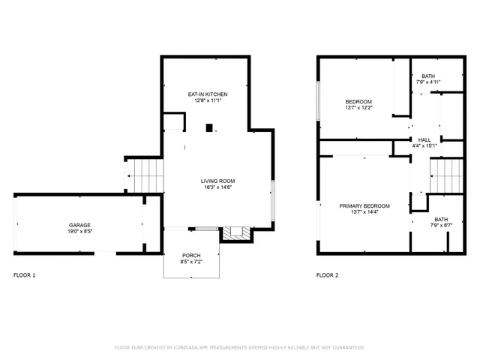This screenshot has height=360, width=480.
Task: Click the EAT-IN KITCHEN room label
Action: [x=208, y=94]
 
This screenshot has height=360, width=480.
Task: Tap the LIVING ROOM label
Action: [x=217, y=181]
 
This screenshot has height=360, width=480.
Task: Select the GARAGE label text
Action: [x=80, y=225]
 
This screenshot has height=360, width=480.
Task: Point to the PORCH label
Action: [x=190, y=255]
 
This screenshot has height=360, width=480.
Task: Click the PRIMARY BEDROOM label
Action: [x=364, y=205]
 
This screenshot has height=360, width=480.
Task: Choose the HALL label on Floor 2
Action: [x=424, y=139]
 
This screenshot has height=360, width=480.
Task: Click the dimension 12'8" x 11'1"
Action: [x=208, y=100]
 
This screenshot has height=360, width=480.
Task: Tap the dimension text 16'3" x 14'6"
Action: [x=217, y=187]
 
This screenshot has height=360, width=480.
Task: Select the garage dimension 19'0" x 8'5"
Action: [x=80, y=232]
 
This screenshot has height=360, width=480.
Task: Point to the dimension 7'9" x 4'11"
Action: [x=427, y=82]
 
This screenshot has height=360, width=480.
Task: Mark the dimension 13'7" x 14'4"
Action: [x=364, y=212]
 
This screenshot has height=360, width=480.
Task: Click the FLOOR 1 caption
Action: [x=24, y=275]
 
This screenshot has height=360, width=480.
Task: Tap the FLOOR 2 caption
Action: [x=327, y=275]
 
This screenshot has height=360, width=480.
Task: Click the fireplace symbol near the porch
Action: [x=235, y=233]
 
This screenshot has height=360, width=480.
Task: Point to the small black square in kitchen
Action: [x=211, y=127]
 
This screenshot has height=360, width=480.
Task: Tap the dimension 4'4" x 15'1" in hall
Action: [x=424, y=146]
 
